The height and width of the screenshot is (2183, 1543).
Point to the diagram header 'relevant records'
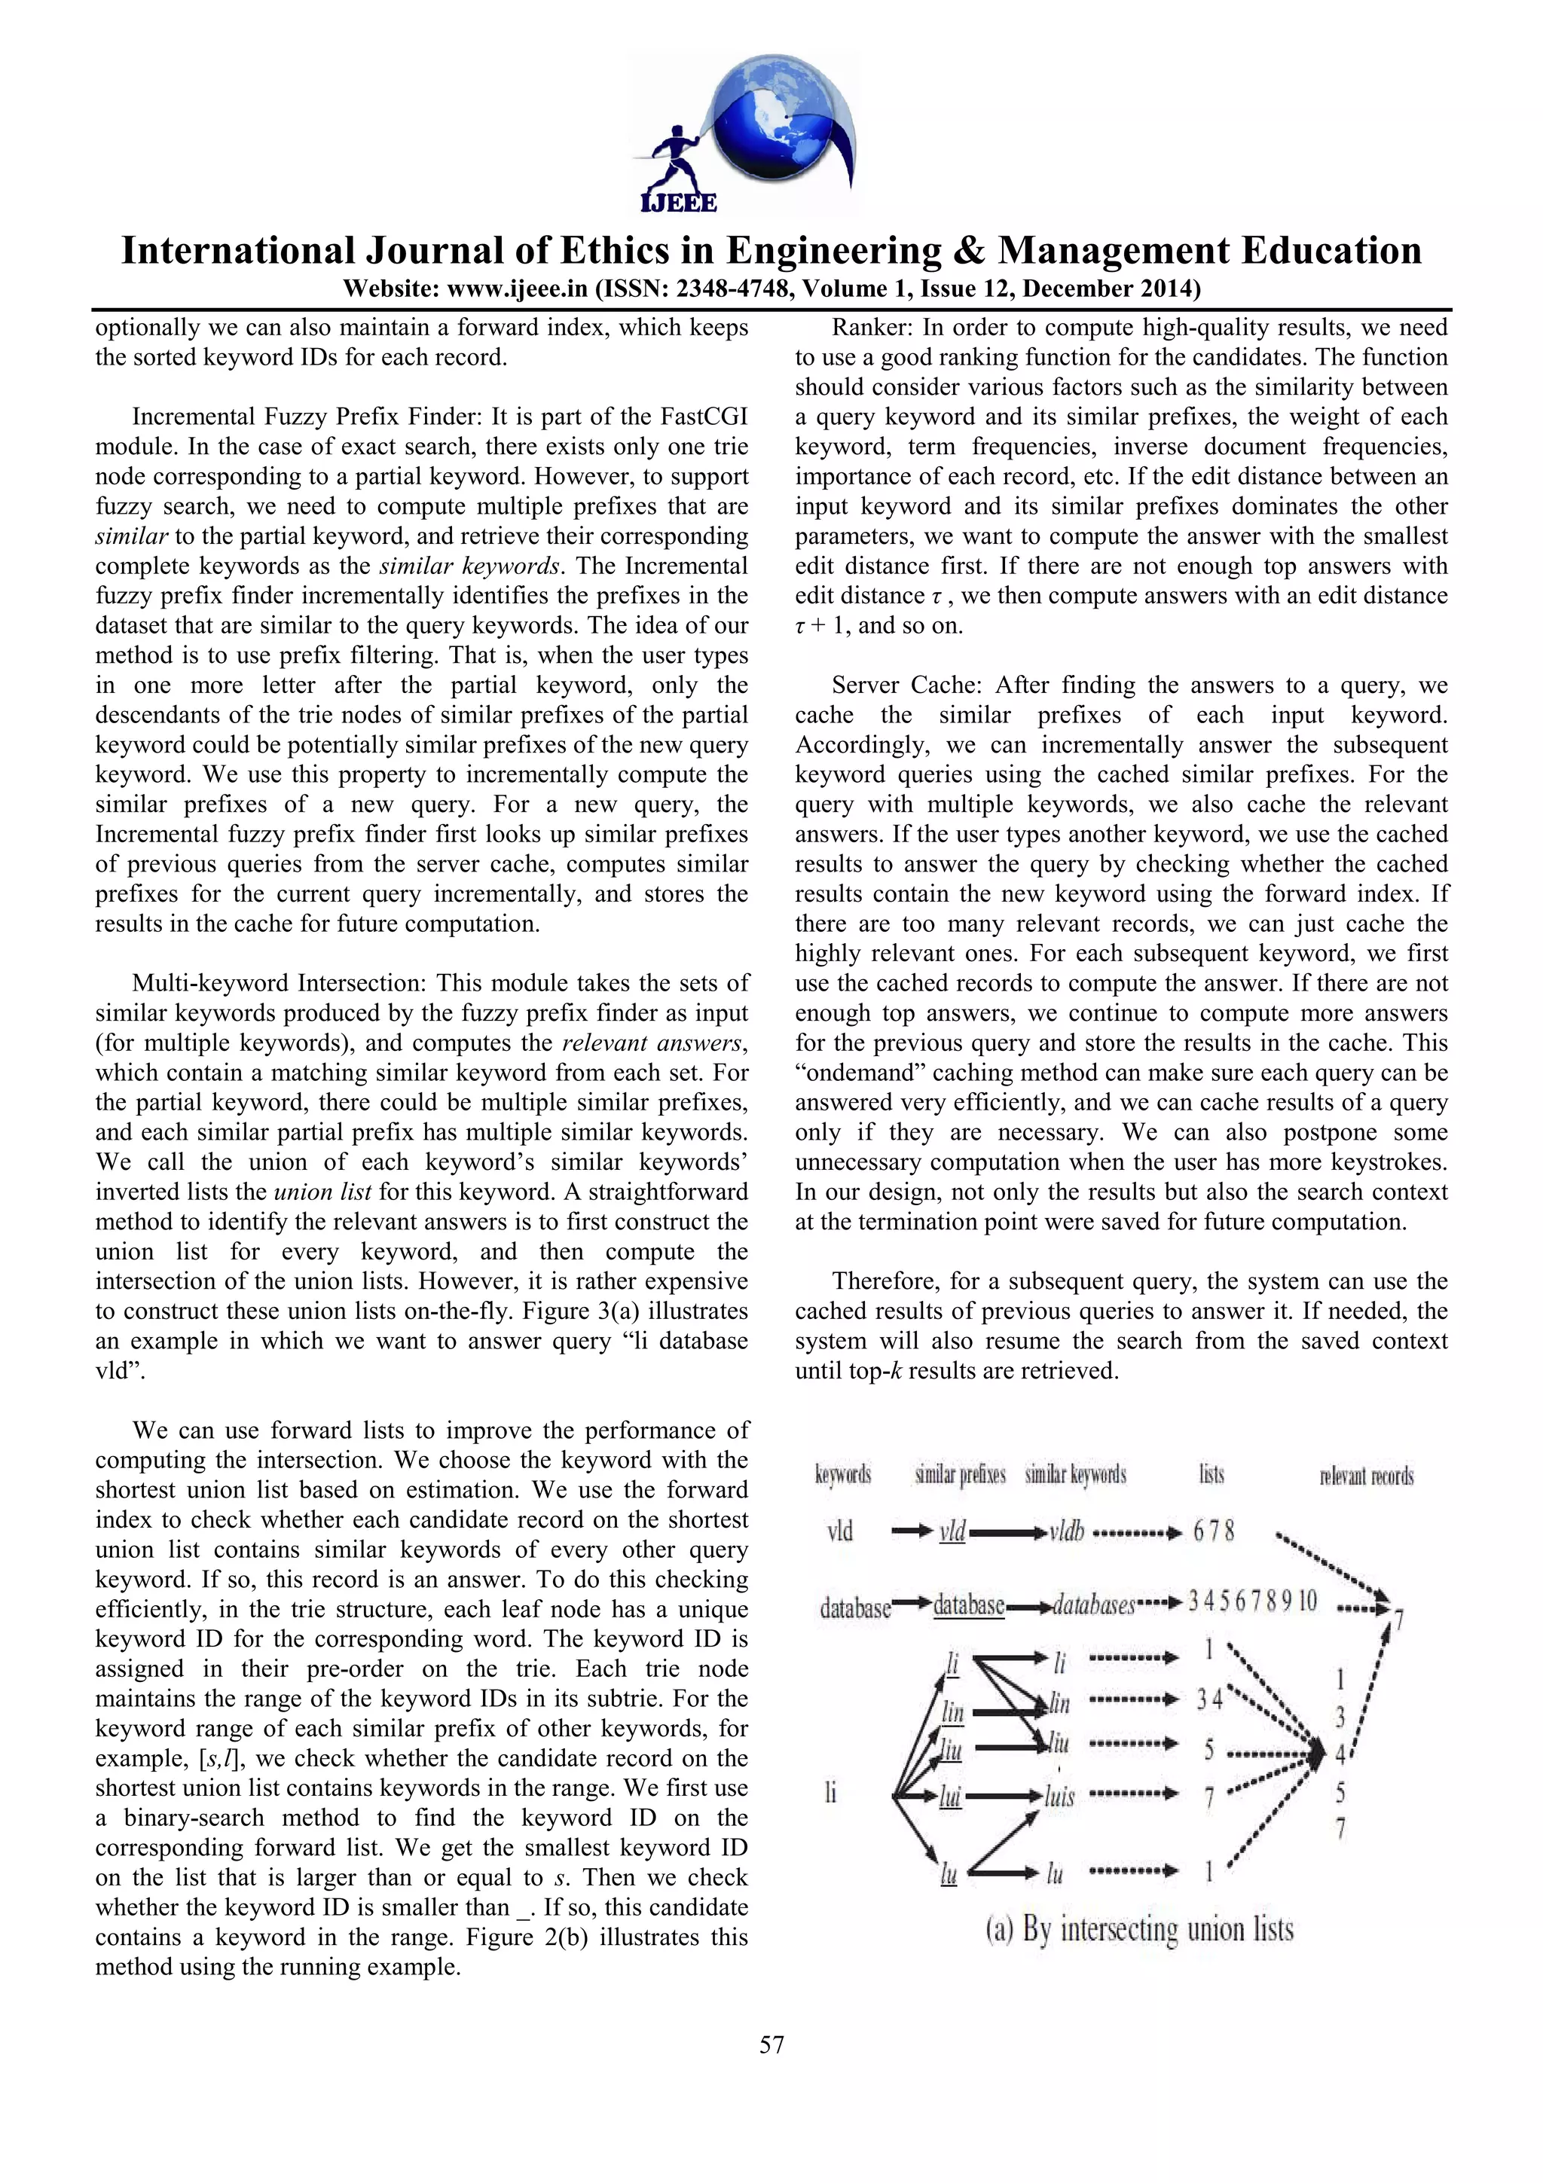point(1366,1476)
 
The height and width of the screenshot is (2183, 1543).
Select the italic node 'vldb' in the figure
point(1066,1531)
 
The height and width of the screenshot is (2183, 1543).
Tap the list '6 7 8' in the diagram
point(1214,1531)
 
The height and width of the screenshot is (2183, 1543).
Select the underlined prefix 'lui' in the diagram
point(950,1796)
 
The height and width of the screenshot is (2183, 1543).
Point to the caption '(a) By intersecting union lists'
point(1139,1929)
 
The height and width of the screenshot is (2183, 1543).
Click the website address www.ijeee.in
point(516,288)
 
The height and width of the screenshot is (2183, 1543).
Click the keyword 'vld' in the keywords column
point(839,1531)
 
